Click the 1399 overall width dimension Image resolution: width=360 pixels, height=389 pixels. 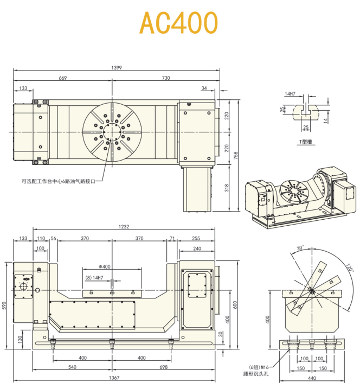point(116,68)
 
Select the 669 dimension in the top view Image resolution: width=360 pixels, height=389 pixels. point(63,79)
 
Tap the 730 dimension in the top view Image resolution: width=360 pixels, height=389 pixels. point(166,79)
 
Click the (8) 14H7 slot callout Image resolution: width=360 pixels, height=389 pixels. point(94,277)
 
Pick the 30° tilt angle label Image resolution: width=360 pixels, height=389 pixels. point(299,248)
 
